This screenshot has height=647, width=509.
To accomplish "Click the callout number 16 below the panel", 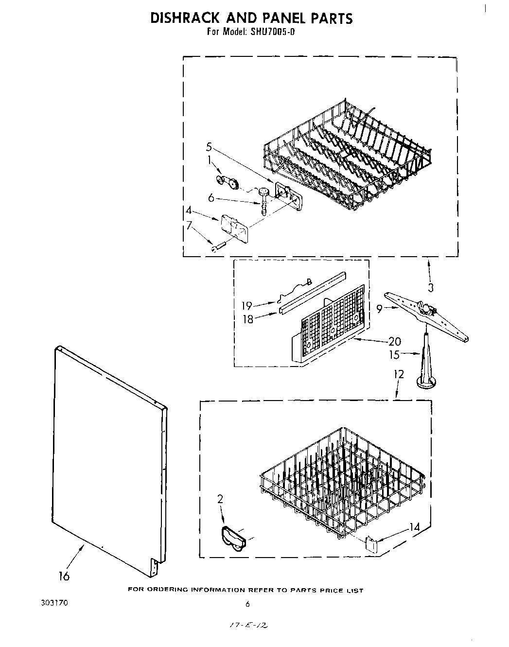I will [64, 576].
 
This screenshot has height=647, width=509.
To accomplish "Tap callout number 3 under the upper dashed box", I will [430, 287].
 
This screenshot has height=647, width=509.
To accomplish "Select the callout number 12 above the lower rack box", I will [399, 374].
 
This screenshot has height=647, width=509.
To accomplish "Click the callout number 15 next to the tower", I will [394, 355].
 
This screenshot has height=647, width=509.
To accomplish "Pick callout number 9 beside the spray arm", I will [380, 307].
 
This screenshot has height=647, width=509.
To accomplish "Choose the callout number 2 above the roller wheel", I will [220, 498].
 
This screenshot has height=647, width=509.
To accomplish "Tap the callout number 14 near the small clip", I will [414, 526].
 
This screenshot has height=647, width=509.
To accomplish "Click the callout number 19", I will [247, 306].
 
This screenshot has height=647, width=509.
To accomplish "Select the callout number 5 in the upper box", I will [209, 146].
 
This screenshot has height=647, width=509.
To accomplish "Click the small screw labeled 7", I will [216, 248].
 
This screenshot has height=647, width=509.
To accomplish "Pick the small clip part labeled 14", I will [371, 544].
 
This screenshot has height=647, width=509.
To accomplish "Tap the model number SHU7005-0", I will [273, 33].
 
